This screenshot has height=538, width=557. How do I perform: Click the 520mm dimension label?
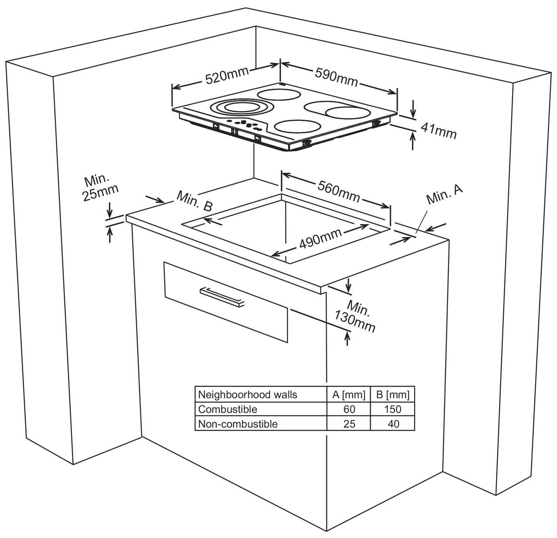227,75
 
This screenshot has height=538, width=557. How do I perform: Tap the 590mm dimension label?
336,77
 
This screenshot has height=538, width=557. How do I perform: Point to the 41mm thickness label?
439,131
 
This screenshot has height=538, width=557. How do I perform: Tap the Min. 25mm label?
100,188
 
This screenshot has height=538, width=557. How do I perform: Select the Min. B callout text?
195,200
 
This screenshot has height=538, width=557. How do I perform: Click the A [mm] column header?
349,394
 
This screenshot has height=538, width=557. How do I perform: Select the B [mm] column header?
393,394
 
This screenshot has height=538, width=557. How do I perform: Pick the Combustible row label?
227,409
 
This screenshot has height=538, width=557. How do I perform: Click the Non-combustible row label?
238,424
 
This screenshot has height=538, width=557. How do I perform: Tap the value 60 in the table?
349,409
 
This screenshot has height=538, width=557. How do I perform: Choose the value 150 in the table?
393,409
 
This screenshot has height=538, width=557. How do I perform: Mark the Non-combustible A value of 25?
349,424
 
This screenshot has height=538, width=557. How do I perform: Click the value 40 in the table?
393,424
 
